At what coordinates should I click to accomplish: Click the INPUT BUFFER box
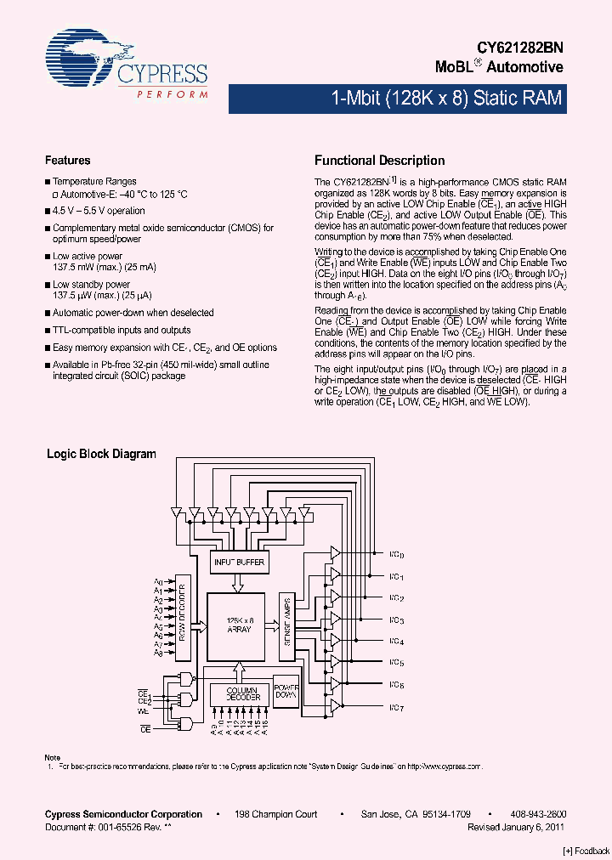tap(238, 562)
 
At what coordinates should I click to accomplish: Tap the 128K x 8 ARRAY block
tap(239, 626)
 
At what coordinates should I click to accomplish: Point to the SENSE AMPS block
tap(287, 626)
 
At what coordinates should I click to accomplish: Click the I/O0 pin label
tap(396, 555)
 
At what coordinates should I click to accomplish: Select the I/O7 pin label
tap(396, 707)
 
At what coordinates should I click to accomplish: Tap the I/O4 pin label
tap(396, 642)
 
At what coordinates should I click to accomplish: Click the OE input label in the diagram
tap(144, 729)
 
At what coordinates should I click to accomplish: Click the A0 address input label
tap(158, 581)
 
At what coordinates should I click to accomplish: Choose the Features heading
tap(67, 161)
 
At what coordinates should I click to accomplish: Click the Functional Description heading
tap(379, 161)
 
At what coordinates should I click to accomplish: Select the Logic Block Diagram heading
tap(101, 454)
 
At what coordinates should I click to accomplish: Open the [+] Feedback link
tap(586, 851)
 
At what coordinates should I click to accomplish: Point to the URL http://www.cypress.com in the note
tap(445, 766)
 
